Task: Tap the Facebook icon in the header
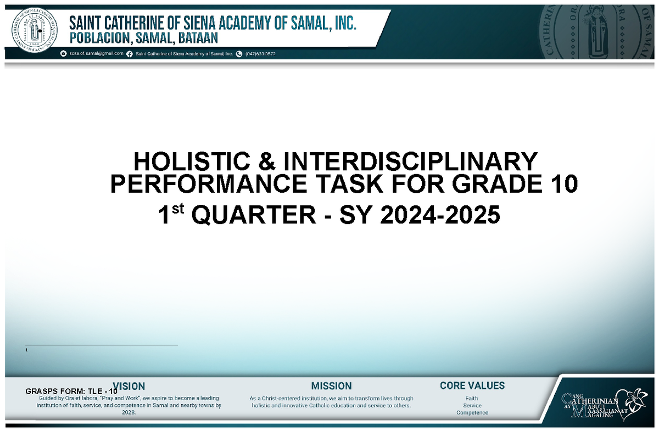coord(130,54)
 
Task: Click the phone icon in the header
coord(239,54)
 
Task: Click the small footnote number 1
coord(26,350)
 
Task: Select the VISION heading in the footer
coord(130,386)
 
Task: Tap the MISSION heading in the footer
coord(331,386)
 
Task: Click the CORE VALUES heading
coord(472,386)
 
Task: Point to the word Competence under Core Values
coord(472,413)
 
